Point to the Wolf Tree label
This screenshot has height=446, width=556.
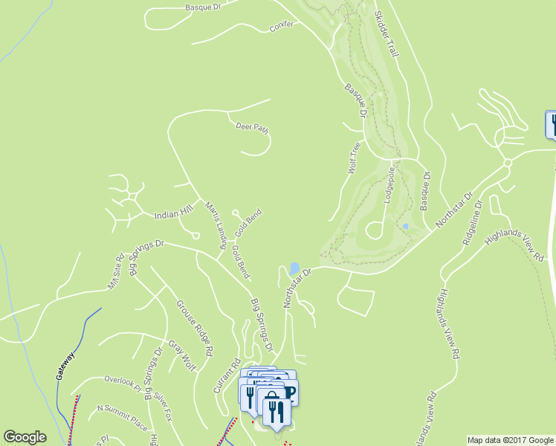(x=355, y=158)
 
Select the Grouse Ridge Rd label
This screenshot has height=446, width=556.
(x=195, y=326)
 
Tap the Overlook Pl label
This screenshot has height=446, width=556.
(x=123, y=381)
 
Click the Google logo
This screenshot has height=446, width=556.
(x=25, y=437)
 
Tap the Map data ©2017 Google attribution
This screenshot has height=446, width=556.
(x=510, y=439)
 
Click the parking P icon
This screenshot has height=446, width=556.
(x=290, y=393)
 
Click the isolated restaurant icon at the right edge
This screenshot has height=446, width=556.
(x=552, y=124)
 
